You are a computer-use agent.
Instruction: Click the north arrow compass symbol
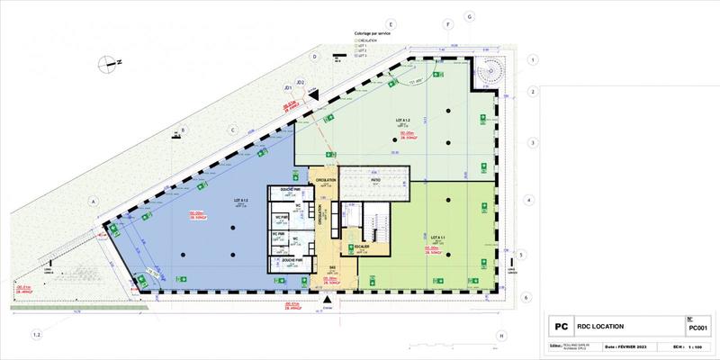click(109, 62)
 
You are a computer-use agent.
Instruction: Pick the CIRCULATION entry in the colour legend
click(370, 40)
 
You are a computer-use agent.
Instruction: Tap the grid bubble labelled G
click(470, 16)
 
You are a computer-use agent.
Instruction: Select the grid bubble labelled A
click(92, 202)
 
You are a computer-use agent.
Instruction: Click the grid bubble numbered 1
click(533, 60)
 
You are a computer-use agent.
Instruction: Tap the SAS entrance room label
click(332, 267)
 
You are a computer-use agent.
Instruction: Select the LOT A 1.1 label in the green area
click(438, 236)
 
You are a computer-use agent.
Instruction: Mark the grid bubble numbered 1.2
click(37, 335)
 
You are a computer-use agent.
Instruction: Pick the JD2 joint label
click(302, 82)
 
